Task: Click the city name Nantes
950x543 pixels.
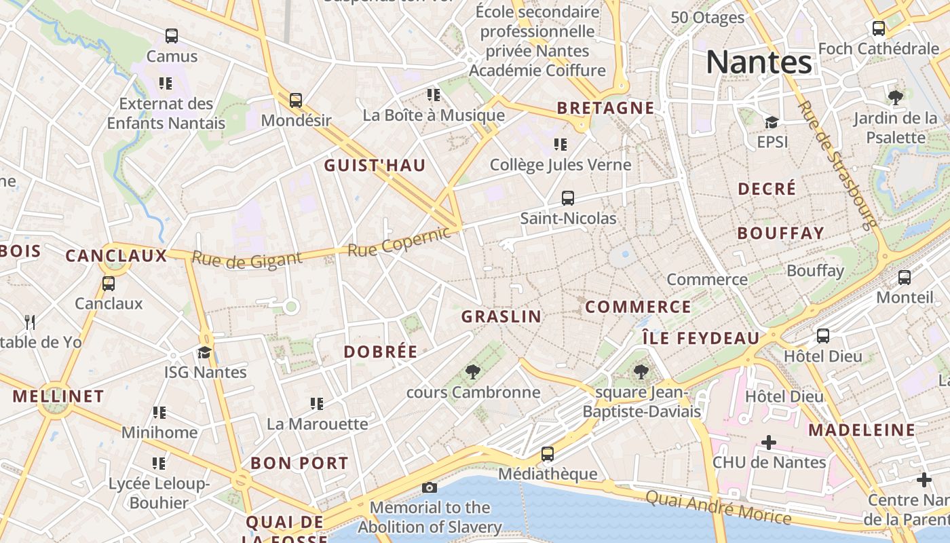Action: (x=759, y=62)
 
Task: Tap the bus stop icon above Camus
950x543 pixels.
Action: (x=172, y=36)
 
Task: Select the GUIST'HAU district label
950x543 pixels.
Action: (x=375, y=166)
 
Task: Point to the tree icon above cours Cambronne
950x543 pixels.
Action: (x=473, y=372)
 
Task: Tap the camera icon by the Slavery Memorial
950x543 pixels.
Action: (x=429, y=487)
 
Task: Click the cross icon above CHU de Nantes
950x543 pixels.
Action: (x=768, y=443)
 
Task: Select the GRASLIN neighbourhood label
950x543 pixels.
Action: (x=501, y=316)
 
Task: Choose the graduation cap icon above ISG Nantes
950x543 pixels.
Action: (x=204, y=352)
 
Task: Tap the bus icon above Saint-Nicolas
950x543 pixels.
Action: (x=568, y=198)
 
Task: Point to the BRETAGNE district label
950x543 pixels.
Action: (x=605, y=108)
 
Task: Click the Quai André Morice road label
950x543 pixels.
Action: (x=718, y=508)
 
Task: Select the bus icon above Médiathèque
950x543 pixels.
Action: (x=548, y=454)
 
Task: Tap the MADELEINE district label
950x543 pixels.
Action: (x=861, y=430)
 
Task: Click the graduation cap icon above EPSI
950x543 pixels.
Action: (x=772, y=122)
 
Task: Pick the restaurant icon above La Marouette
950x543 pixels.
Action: (x=316, y=404)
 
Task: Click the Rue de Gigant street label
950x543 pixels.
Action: (x=246, y=259)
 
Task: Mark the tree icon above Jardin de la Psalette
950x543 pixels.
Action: (x=896, y=97)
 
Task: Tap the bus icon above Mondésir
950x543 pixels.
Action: (x=296, y=100)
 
